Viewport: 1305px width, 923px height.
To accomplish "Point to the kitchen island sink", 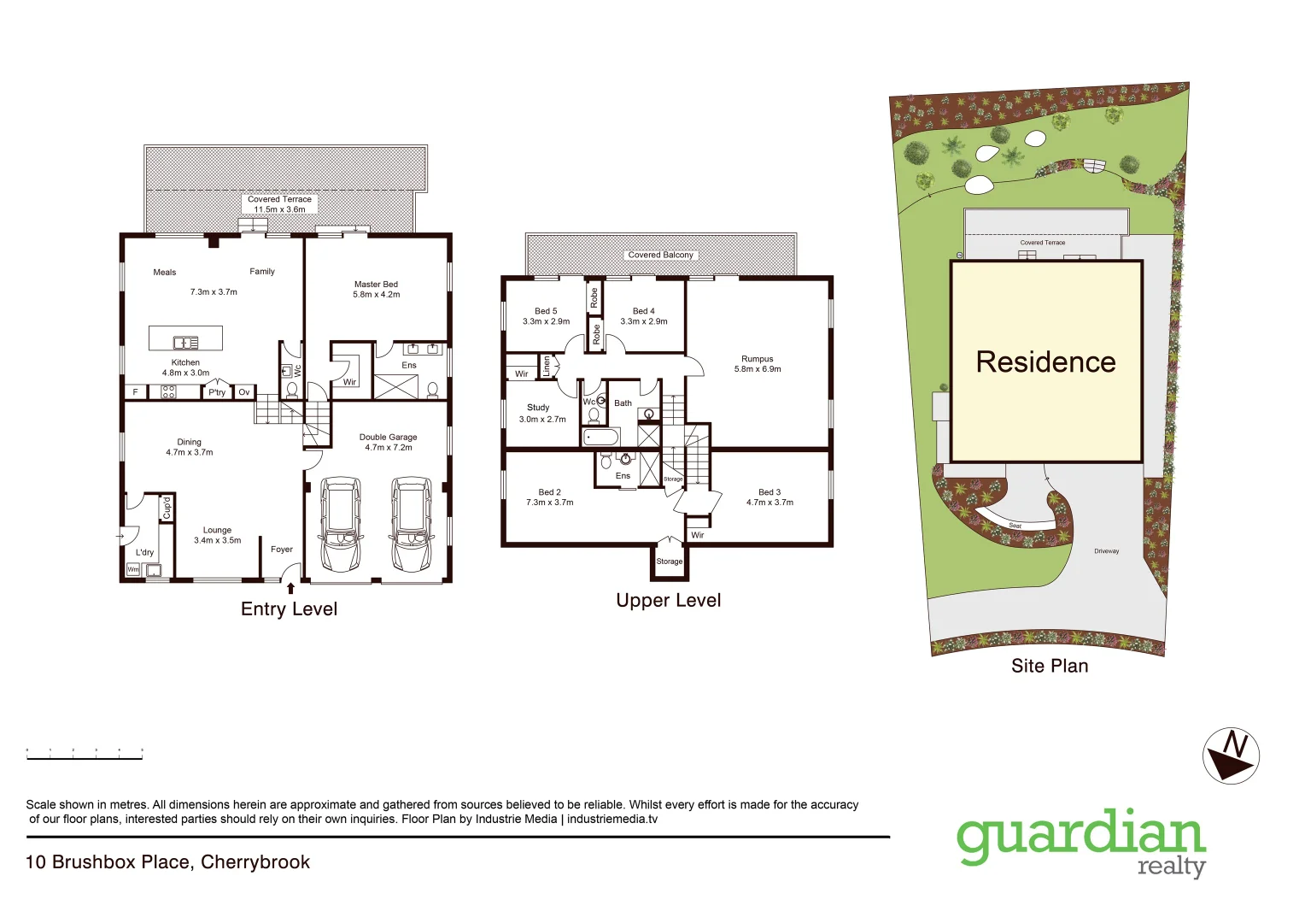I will tap(185, 343).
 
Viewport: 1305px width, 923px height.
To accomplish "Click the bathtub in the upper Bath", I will tap(600, 438).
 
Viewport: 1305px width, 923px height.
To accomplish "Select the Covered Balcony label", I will tap(660, 255).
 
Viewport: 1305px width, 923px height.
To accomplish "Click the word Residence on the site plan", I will tap(1045, 362).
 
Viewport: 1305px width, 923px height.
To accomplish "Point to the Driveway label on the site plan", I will tap(1106, 551).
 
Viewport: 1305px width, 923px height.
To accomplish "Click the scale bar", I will tap(84, 755).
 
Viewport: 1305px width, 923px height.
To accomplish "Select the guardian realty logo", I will tap(1080, 841).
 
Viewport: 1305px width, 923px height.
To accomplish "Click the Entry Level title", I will tap(289, 609).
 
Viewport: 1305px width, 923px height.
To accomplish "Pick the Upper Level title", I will tap(668, 601).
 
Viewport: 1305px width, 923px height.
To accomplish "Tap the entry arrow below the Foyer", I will tap(291, 588).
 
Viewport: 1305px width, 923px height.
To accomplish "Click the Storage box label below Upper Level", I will tap(670, 561).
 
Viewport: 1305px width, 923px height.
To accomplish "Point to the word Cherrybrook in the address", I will tap(255, 862).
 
